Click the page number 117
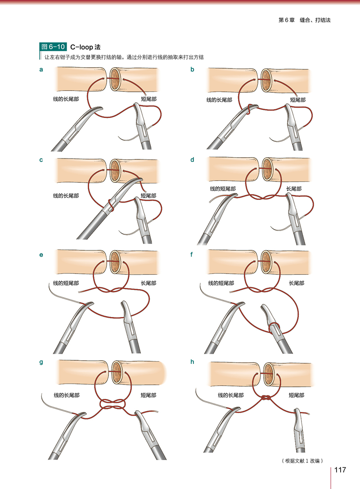[x=340, y=470]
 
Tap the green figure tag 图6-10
[x=54, y=46]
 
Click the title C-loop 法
[x=85, y=46]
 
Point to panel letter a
[x=41, y=69]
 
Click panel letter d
[x=193, y=159]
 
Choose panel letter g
[x=41, y=361]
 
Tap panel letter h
[x=193, y=361]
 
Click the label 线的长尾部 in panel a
[x=66, y=99]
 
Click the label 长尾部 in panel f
[x=296, y=283]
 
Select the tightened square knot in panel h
[x=266, y=398]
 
